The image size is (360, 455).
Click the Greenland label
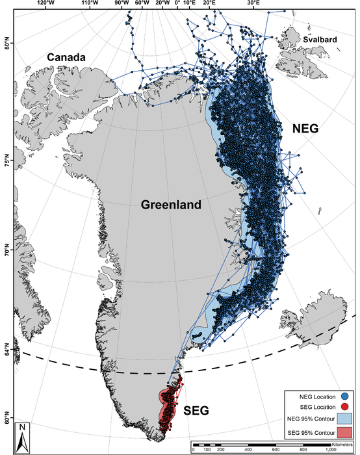[171, 205]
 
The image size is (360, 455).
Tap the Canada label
[66, 58]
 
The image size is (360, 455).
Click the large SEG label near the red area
[198, 411]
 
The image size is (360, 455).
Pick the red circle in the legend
[344, 406]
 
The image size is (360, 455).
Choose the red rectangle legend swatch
[344, 433]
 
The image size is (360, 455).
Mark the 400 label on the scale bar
[248, 450]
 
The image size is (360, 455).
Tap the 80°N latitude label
[8, 46]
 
